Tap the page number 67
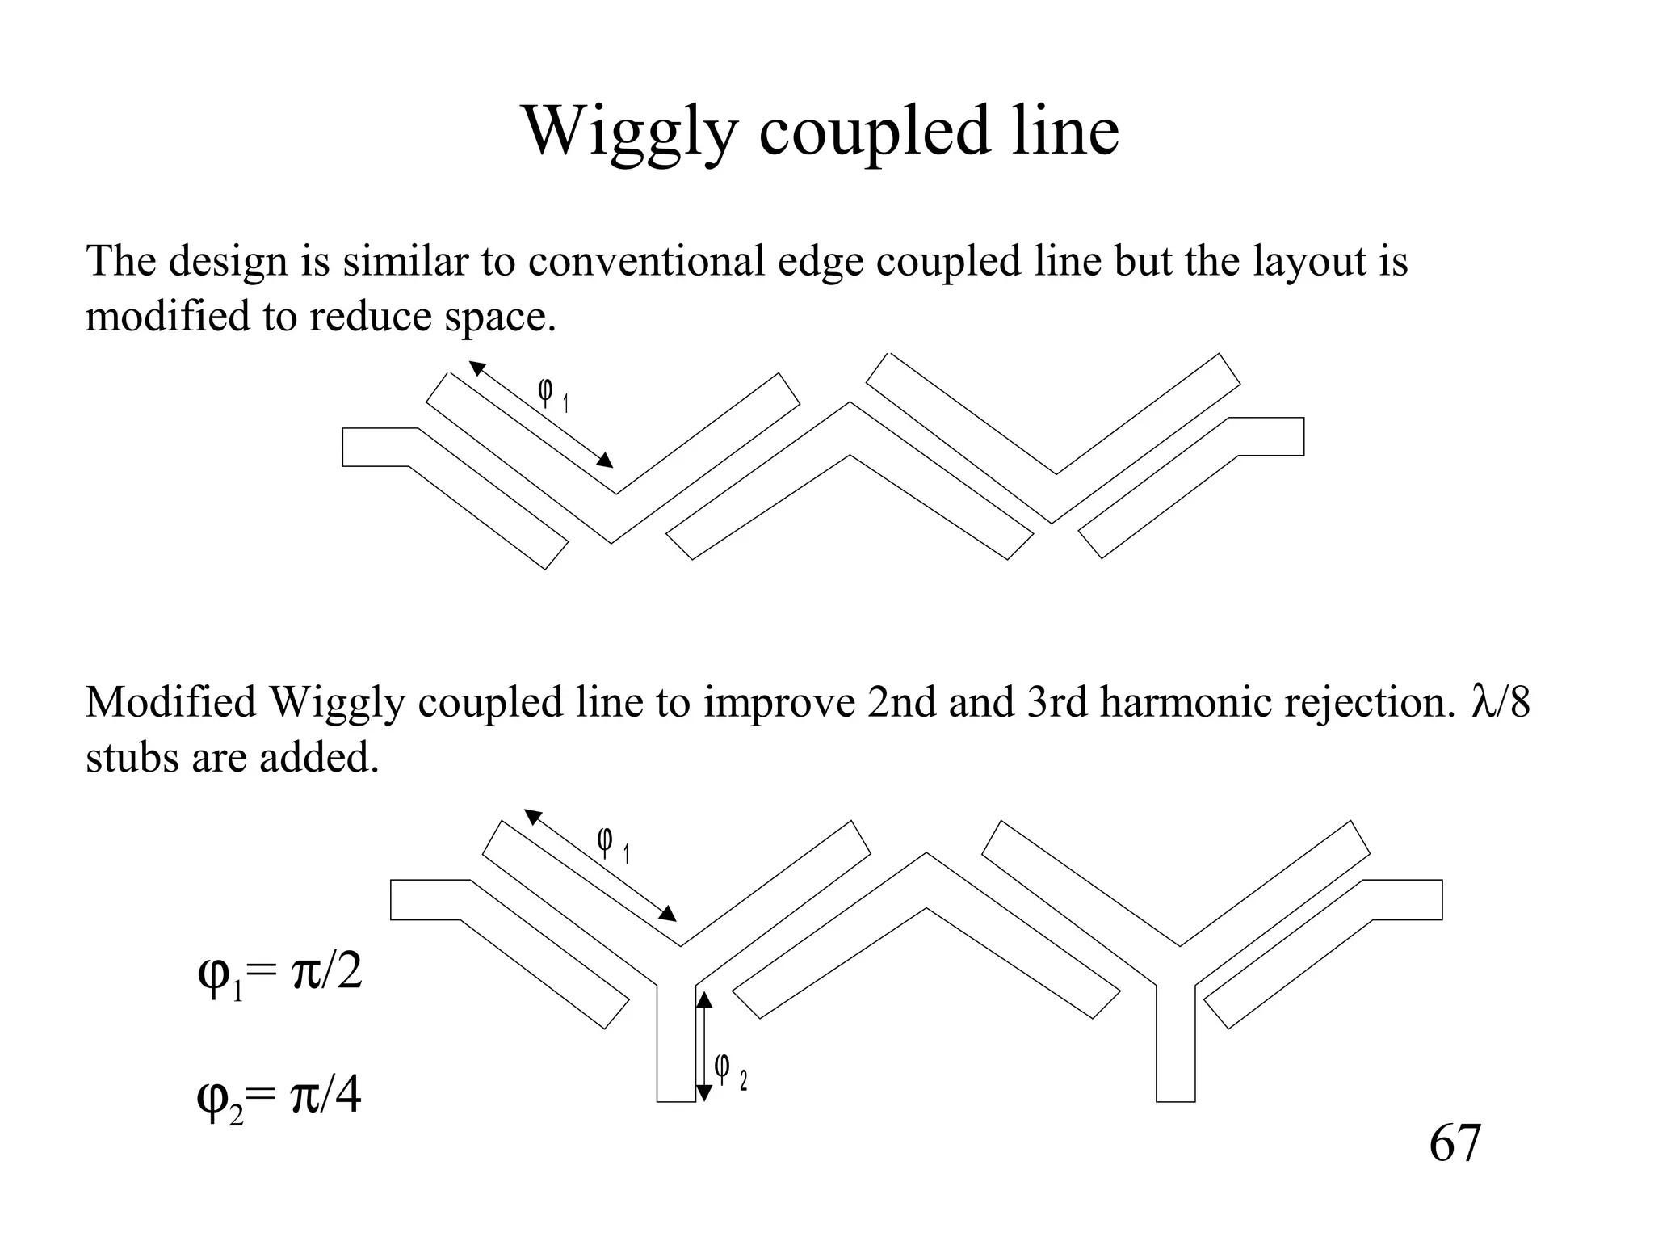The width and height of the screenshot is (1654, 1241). [1455, 1142]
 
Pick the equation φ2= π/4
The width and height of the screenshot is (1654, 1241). [279, 1100]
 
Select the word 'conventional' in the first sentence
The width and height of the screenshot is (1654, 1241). [646, 261]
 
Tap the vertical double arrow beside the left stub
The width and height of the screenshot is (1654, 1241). [704, 1046]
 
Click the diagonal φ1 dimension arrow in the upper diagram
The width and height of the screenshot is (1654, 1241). [541, 414]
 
